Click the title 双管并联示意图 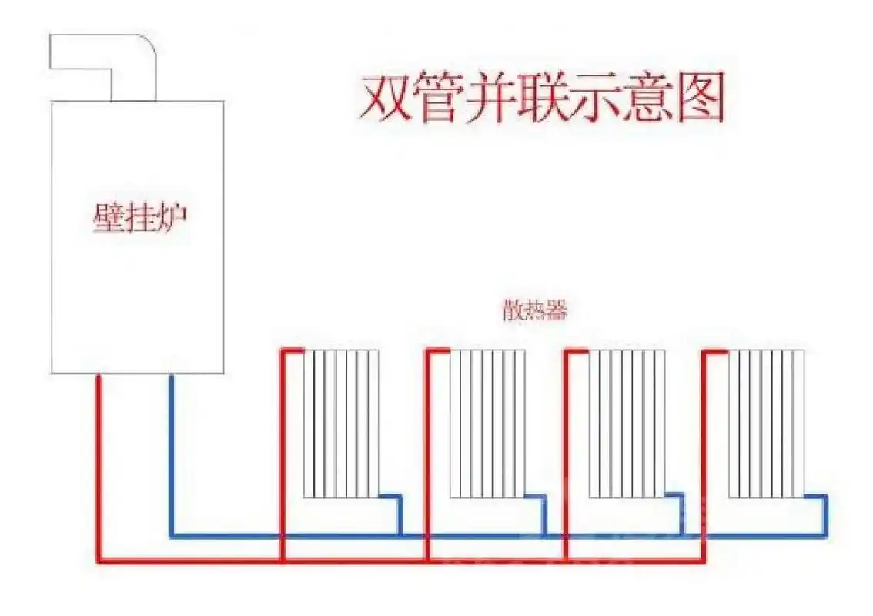542,99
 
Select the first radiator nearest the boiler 341,423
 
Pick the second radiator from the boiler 487,423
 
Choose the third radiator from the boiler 626,423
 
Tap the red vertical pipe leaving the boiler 99,462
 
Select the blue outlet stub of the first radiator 399,513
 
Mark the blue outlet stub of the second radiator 543,513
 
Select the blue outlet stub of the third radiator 681,513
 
